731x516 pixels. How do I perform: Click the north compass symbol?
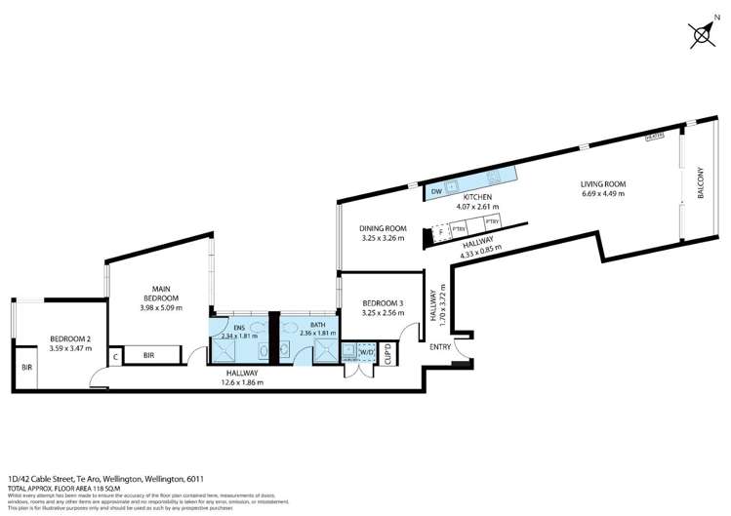point(703,35)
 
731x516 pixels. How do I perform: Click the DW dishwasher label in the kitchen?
point(436,192)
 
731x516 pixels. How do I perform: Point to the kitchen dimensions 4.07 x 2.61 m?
point(477,207)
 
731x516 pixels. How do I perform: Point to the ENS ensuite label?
point(240,325)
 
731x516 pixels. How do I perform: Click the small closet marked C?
point(115,356)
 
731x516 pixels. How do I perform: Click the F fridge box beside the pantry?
point(440,231)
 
